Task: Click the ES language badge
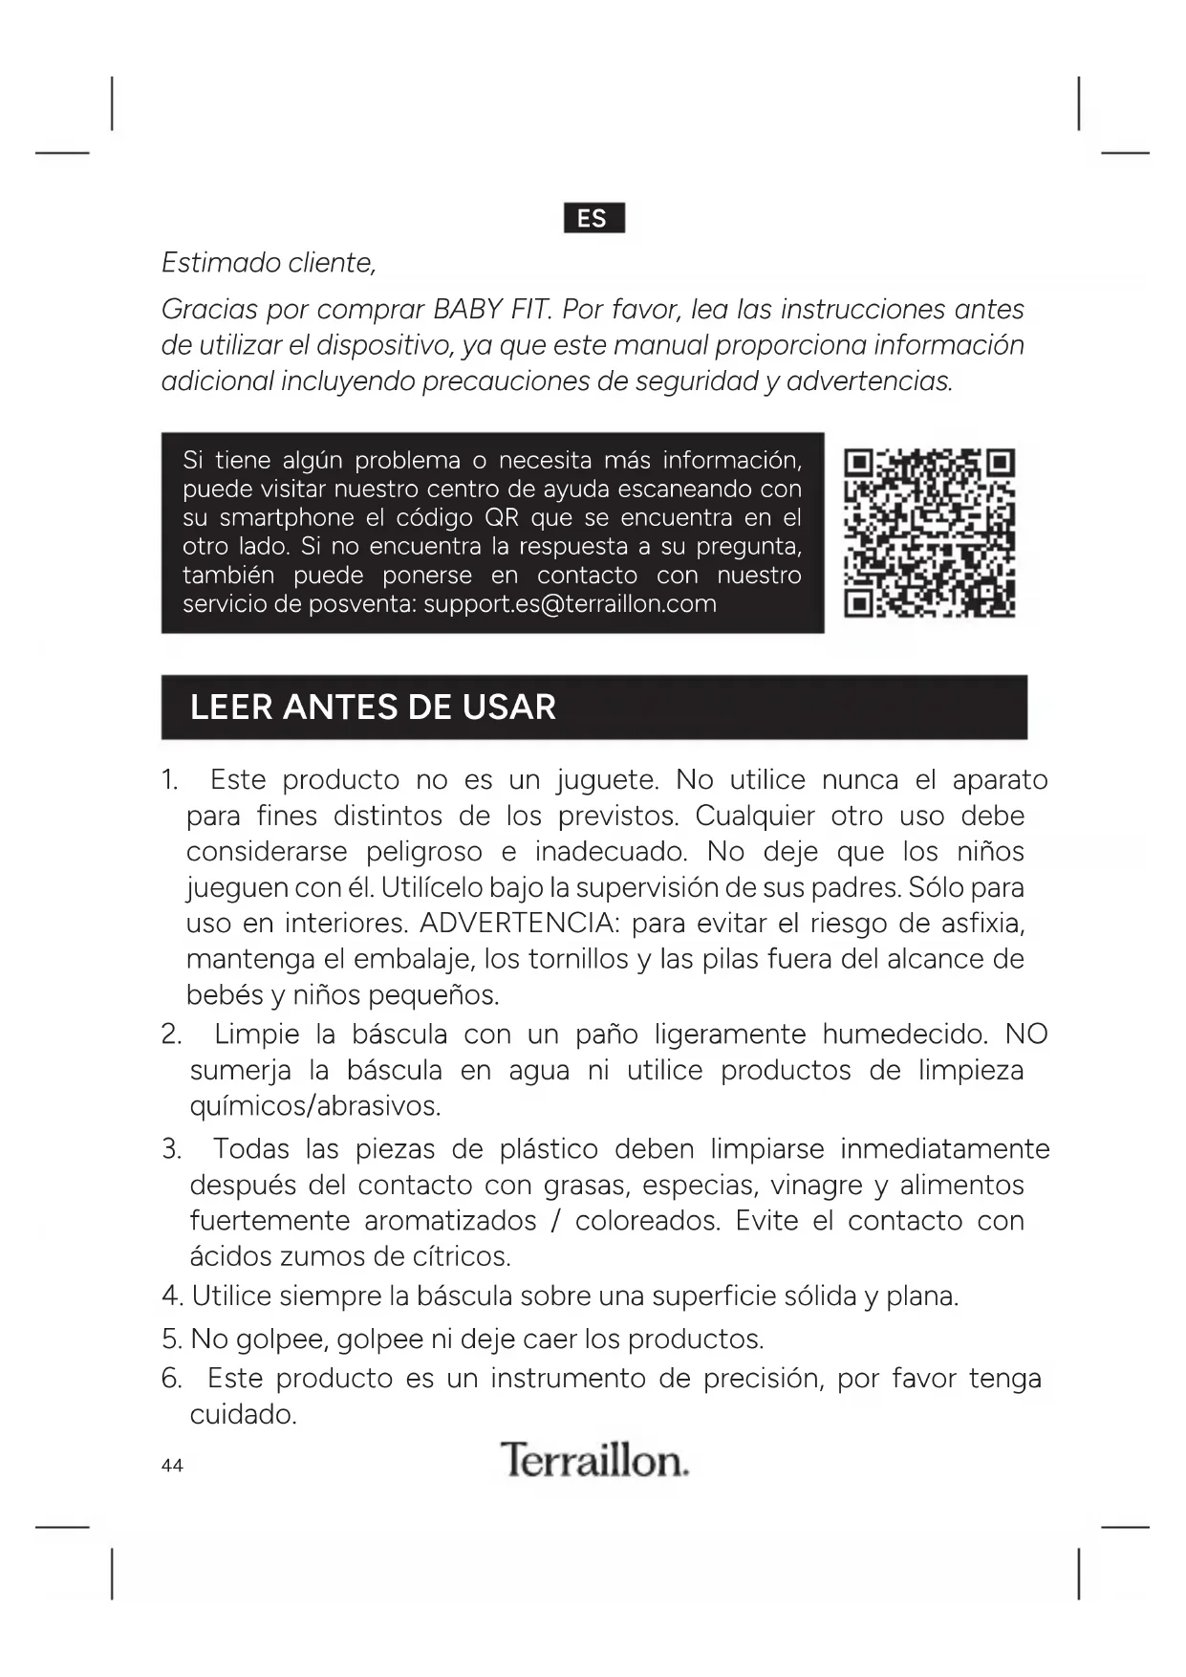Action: [593, 218]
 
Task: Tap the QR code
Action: [930, 533]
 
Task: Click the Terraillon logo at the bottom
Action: [593, 1460]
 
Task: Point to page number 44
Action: [172, 1466]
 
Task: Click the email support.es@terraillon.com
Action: [570, 604]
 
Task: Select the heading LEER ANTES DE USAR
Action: [373, 708]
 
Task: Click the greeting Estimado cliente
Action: [269, 263]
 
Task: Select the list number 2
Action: [171, 1035]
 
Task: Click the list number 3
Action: [171, 1149]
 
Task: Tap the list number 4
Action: [171, 1297]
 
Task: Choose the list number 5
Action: [171, 1339]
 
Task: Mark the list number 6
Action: [171, 1379]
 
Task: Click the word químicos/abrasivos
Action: [314, 1107]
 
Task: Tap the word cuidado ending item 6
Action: [242, 1415]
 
